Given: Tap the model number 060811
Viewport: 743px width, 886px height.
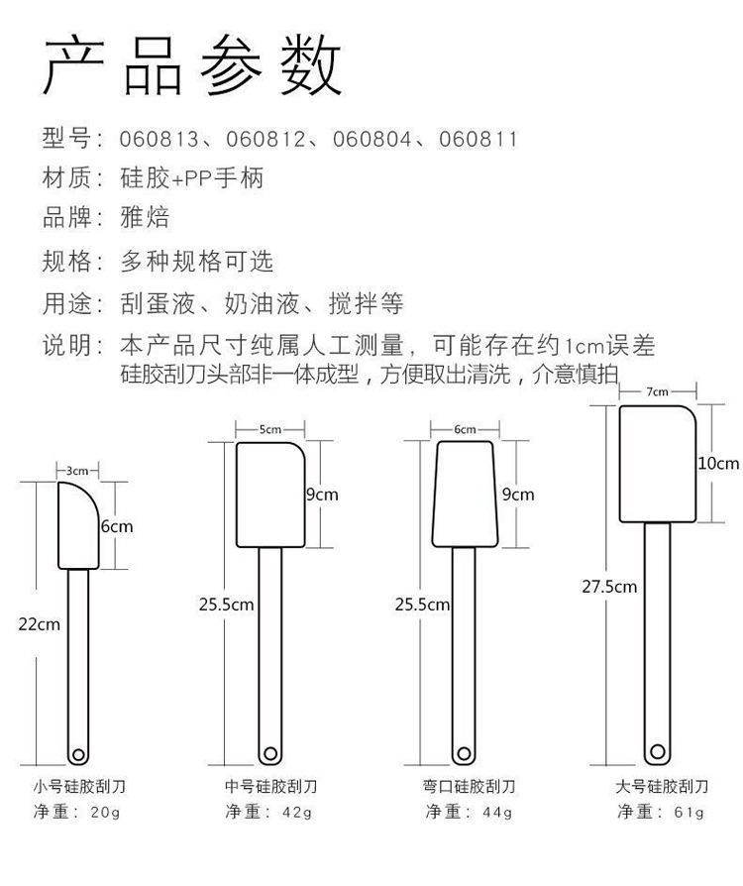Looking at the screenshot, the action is tap(478, 139).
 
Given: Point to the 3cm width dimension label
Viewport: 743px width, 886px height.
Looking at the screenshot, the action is tap(77, 471).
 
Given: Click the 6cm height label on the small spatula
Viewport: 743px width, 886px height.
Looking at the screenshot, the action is tap(116, 526).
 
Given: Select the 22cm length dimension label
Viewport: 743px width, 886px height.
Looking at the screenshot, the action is tap(40, 623).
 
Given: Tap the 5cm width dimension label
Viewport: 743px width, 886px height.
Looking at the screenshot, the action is tap(269, 429).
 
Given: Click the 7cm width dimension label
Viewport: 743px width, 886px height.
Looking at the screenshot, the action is tap(657, 391).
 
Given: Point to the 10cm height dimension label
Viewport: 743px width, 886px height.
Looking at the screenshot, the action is tap(718, 463).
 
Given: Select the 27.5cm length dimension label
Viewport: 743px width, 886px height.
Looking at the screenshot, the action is tap(608, 587).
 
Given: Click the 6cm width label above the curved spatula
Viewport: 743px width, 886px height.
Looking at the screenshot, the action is tap(465, 429).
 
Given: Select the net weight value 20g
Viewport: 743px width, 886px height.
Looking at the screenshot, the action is tap(104, 813).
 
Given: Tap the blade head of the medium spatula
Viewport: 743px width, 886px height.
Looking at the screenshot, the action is tap(269, 494).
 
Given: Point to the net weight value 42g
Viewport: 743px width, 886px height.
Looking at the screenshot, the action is tap(296, 813).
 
